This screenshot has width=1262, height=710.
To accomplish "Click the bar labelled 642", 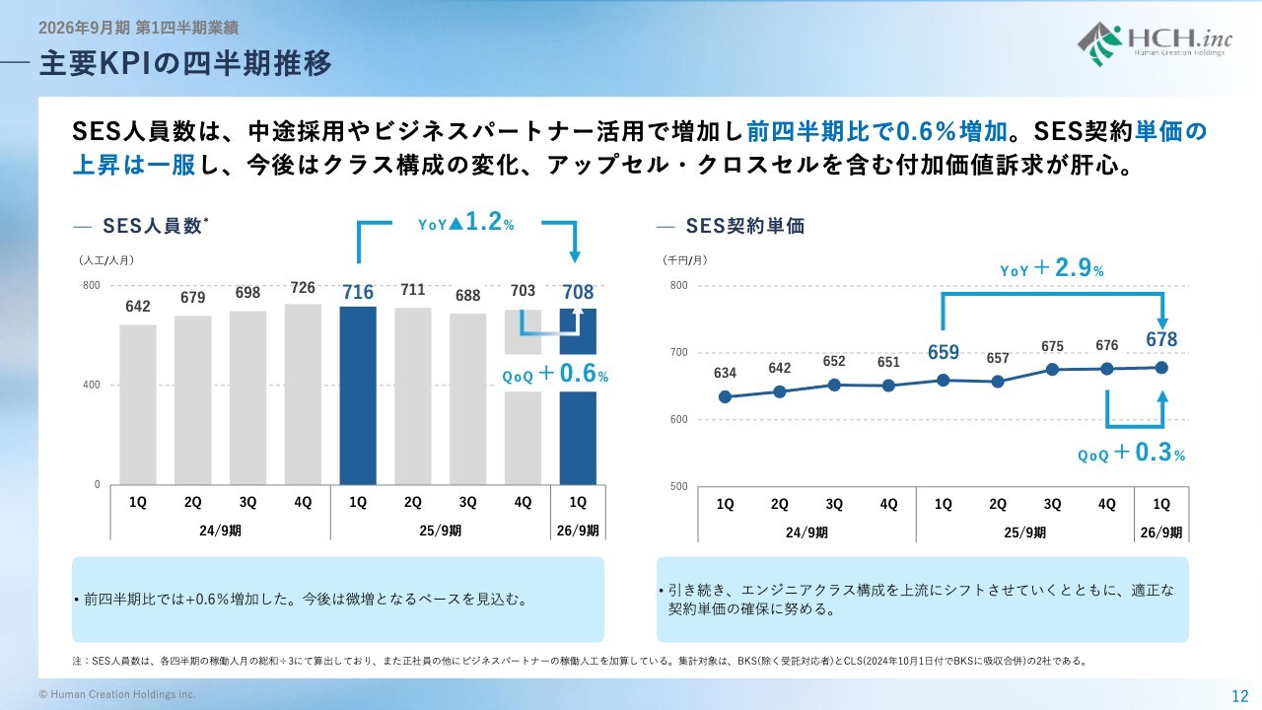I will pyautogui.click(x=138, y=404).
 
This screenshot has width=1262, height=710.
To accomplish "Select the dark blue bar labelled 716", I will pyautogui.click(x=357, y=395).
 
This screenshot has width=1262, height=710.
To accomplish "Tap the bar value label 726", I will pyautogui.click(x=303, y=288).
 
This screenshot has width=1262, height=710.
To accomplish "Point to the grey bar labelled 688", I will pyautogui.click(x=467, y=399).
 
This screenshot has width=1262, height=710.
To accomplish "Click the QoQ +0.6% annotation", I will pyautogui.click(x=555, y=376).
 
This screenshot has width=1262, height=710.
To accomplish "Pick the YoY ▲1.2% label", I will pyautogui.click(x=466, y=224).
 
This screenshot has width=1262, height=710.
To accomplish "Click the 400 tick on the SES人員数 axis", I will pyautogui.click(x=91, y=386).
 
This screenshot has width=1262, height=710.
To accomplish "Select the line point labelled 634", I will pyautogui.click(x=725, y=397).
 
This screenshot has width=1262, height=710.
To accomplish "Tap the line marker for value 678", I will pyautogui.click(x=1161, y=368).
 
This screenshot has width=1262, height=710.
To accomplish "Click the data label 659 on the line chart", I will pyautogui.click(x=943, y=353).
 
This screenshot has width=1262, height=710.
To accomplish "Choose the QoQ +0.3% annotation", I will pyautogui.click(x=1131, y=454).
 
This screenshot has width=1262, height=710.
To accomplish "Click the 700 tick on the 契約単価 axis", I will pyautogui.click(x=679, y=353).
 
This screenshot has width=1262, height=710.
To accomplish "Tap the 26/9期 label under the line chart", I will pyautogui.click(x=1161, y=532).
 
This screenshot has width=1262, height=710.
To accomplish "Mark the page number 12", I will pyautogui.click(x=1239, y=695).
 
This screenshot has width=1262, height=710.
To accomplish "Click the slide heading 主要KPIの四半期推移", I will pyautogui.click(x=185, y=64).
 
